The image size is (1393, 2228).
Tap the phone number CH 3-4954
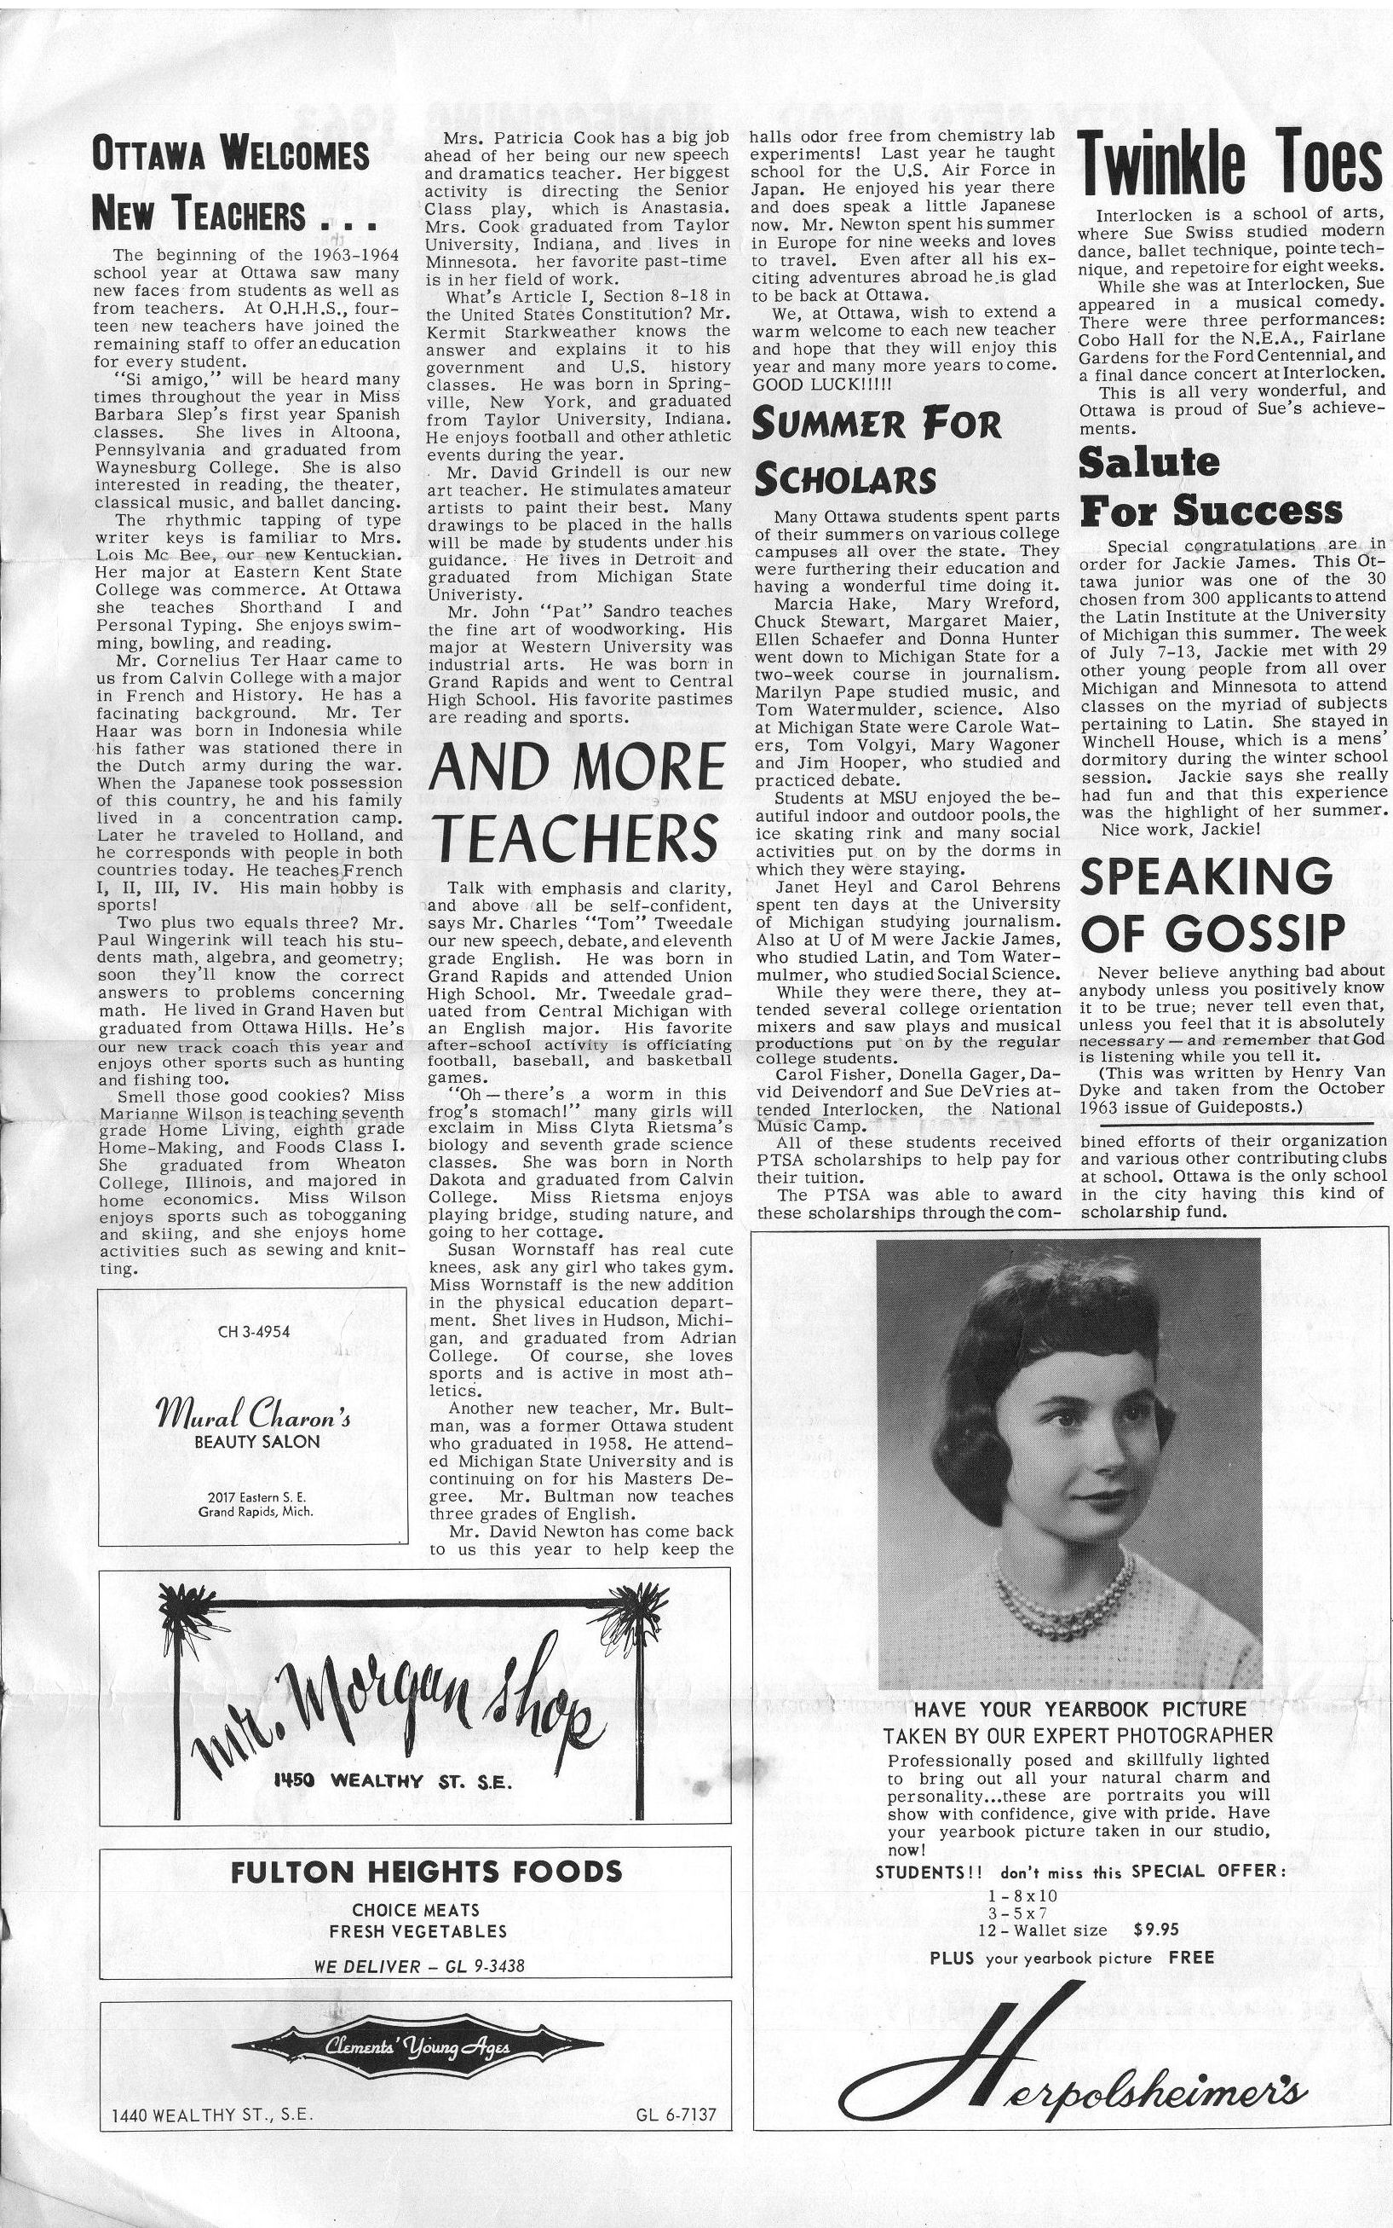click(253, 1331)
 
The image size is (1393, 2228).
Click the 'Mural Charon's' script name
click(253, 1412)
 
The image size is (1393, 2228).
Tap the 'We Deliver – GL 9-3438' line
click(419, 1966)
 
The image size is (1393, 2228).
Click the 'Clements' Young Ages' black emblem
click(417, 2047)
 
